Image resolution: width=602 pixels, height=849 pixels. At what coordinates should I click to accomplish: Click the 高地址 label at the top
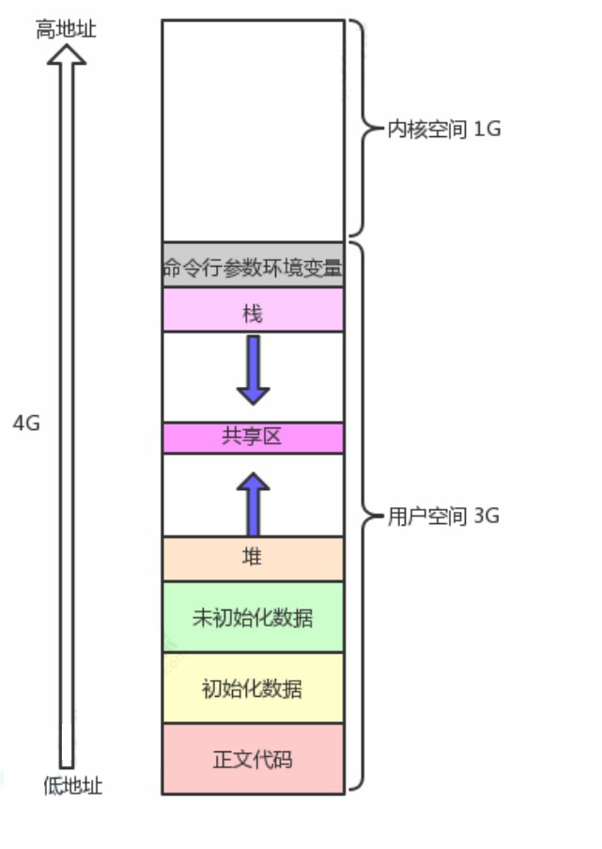coord(66,29)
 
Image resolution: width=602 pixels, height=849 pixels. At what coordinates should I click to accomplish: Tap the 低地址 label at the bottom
coord(72,786)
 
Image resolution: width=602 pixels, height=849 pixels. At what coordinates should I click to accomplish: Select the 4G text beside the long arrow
coord(26,423)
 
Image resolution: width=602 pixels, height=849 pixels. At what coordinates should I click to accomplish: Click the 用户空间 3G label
coord(443,517)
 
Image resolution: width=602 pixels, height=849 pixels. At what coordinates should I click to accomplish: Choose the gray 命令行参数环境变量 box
coord(253,267)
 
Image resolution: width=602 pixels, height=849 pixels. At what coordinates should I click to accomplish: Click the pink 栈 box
coord(253,311)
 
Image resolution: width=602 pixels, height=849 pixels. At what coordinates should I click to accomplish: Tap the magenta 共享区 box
coord(253,438)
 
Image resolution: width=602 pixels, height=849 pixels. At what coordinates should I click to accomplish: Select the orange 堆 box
coord(253,559)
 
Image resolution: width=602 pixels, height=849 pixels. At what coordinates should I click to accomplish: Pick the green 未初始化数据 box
coord(253,618)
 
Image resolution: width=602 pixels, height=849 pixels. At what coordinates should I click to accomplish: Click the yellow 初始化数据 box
coord(253,688)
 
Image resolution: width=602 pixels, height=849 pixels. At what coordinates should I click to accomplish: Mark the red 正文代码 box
coord(253,759)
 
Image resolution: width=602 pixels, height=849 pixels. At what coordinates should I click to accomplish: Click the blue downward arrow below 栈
coord(253,369)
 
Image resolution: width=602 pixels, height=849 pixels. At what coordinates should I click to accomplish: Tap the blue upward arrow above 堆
coord(253,503)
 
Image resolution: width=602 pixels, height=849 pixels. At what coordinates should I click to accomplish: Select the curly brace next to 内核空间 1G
coord(363,130)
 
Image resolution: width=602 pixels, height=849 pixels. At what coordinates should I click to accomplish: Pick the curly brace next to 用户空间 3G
coord(363,517)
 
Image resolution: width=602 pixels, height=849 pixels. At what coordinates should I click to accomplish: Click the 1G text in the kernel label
coord(487,130)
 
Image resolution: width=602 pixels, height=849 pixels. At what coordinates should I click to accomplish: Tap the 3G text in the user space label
coord(486,517)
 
